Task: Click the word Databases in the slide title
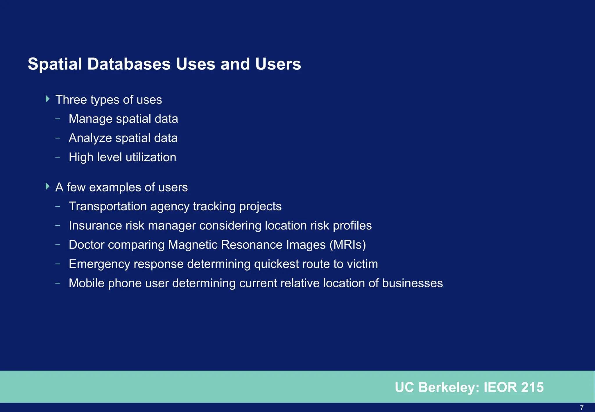tap(129, 64)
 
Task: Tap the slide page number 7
tap(581, 408)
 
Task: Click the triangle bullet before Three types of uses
tap(48, 99)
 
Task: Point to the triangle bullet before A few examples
tap(48, 186)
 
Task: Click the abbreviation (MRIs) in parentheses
tap(347, 245)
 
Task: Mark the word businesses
tap(412, 283)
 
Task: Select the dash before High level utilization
tap(58, 157)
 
